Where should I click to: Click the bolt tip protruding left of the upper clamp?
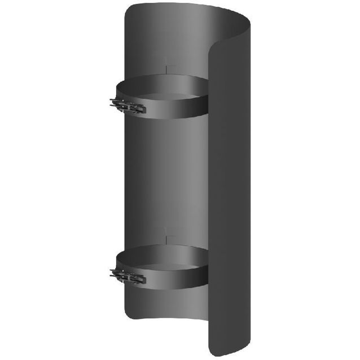112,103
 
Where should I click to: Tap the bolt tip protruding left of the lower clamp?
112,273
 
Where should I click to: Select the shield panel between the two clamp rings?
164,181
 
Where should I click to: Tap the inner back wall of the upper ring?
164,82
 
